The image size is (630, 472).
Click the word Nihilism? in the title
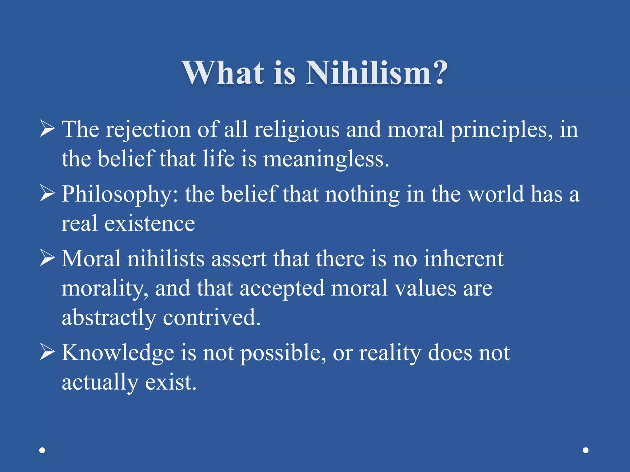coord(376,73)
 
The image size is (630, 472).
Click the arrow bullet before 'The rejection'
coord(47,129)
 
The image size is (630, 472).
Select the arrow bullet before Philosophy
coord(47,194)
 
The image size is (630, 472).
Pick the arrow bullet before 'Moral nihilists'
coord(47,258)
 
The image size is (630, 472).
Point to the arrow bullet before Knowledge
coord(47,352)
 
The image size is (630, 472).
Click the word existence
coord(150,224)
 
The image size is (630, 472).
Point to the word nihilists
coord(166,259)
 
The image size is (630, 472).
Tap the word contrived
coord(211,318)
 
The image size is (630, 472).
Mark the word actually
coord(100,383)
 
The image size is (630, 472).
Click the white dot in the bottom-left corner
coord(42,450)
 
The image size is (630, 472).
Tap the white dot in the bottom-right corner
coord(586,450)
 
